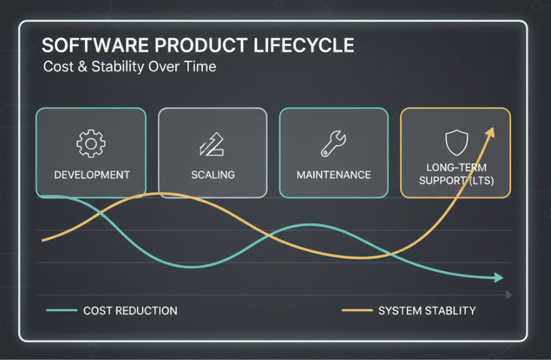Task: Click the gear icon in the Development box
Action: [91, 144]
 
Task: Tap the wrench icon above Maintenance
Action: [333, 143]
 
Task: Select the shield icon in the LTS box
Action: [456, 142]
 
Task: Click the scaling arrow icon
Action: [211, 144]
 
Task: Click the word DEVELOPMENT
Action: [91, 175]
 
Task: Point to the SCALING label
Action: [213, 175]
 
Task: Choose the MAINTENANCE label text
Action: [333, 175]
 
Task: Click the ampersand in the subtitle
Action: [83, 67]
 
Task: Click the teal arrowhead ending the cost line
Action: [499, 277]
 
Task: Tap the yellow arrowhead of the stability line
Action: [491, 132]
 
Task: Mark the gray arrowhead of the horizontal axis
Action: [509, 295]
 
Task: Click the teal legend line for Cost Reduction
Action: [62, 310]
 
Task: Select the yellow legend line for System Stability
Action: [357, 310]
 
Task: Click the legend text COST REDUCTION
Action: [131, 311]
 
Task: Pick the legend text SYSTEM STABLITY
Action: [427, 311]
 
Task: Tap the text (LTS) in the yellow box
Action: [481, 180]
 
